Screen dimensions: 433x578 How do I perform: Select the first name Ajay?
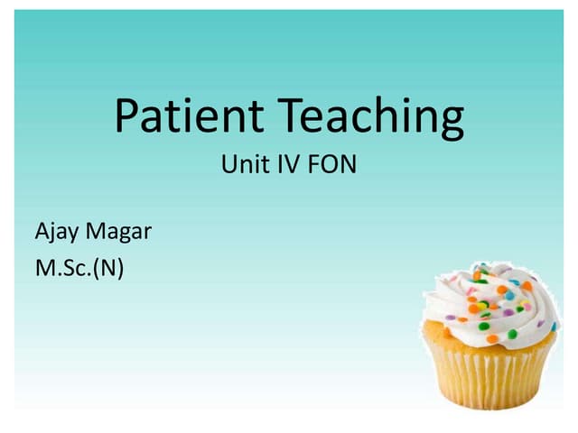pos(55,233)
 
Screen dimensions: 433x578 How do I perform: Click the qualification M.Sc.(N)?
pos(78,268)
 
